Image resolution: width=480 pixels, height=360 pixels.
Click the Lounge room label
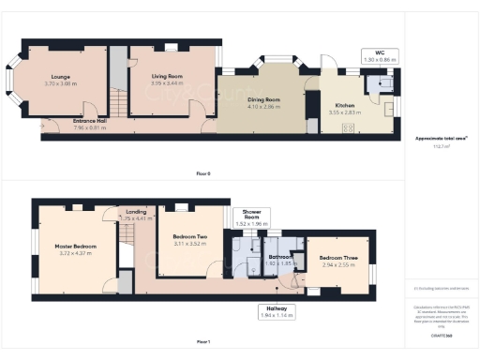click(61, 79)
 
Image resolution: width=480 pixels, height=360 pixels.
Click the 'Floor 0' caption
click(203, 173)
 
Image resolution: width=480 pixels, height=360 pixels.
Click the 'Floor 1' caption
click(203, 340)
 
